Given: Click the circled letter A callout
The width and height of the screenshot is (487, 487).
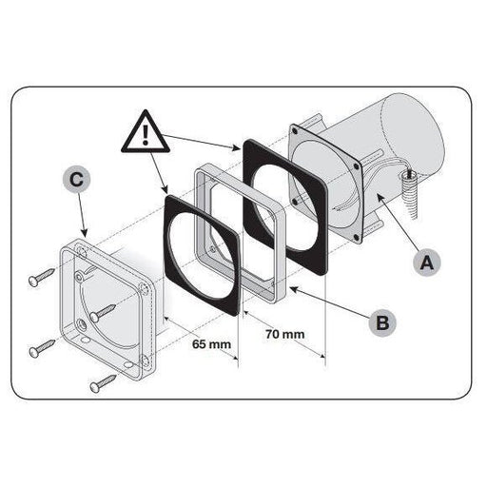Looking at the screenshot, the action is [x=427, y=263].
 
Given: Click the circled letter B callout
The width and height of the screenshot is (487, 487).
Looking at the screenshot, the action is [x=382, y=322].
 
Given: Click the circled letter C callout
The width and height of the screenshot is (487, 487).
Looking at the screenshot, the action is [x=76, y=180].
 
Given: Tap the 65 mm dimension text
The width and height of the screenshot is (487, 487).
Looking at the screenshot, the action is [x=211, y=344].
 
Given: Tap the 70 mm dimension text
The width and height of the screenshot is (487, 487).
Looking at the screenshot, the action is [x=285, y=334].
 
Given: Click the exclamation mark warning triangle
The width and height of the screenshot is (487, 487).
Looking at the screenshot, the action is [x=146, y=132].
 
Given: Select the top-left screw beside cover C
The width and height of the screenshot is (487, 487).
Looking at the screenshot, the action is [x=42, y=277].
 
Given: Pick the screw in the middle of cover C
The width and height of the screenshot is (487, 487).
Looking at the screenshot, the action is [x=103, y=313].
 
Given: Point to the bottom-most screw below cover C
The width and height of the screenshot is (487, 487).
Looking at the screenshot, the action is [x=103, y=383].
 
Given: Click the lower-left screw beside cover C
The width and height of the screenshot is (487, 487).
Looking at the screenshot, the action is [x=42, y=348].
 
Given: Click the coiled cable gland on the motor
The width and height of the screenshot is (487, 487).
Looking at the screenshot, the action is [x=409, y=196].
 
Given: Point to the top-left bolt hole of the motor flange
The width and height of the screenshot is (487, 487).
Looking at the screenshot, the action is [x=295, y=130].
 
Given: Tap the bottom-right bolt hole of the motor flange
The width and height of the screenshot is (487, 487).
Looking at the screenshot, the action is [x=356, y=236].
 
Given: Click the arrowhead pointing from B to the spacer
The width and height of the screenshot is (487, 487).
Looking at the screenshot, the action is [x=293, y=289].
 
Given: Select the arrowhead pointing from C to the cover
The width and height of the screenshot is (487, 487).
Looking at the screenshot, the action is [x=85, y=233].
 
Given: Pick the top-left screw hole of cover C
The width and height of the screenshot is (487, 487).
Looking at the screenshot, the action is [x=82, y=254].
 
